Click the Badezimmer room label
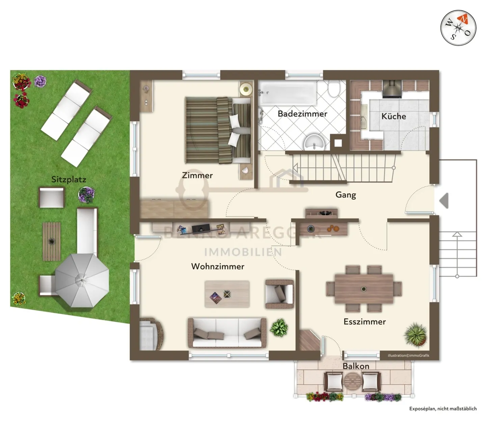pyautogui.click(x=302, y=114)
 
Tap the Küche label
pyautogui.click(x=394, y=116)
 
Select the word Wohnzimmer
pyautogui.click(x=218, y=266)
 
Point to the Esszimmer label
pyautogui.click(x=364, y=322)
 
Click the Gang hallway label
pyautogui.click(x=346, y=195)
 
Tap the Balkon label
pyautogui.click(x=356, y=366)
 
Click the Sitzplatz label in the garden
pyautogui.click(x=69, y=179)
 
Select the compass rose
pyautogui.click(x=458, y=28)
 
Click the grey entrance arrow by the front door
pyautogui.click(x=444, y=201)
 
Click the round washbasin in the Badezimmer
pyautogui.click(x=314, y=143)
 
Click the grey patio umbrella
pyautogui.click(x=82, y=280)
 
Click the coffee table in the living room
pyautogui.click(x=227, y=294)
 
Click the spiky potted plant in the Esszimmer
pyautogui.click(x=415, y=334)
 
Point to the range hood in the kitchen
pyautogui.click(x=392, y=89)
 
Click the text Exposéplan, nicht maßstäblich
pyautogui.click(x=443, y=409)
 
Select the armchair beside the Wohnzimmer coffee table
pyautogui.click(x=279, y=293)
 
